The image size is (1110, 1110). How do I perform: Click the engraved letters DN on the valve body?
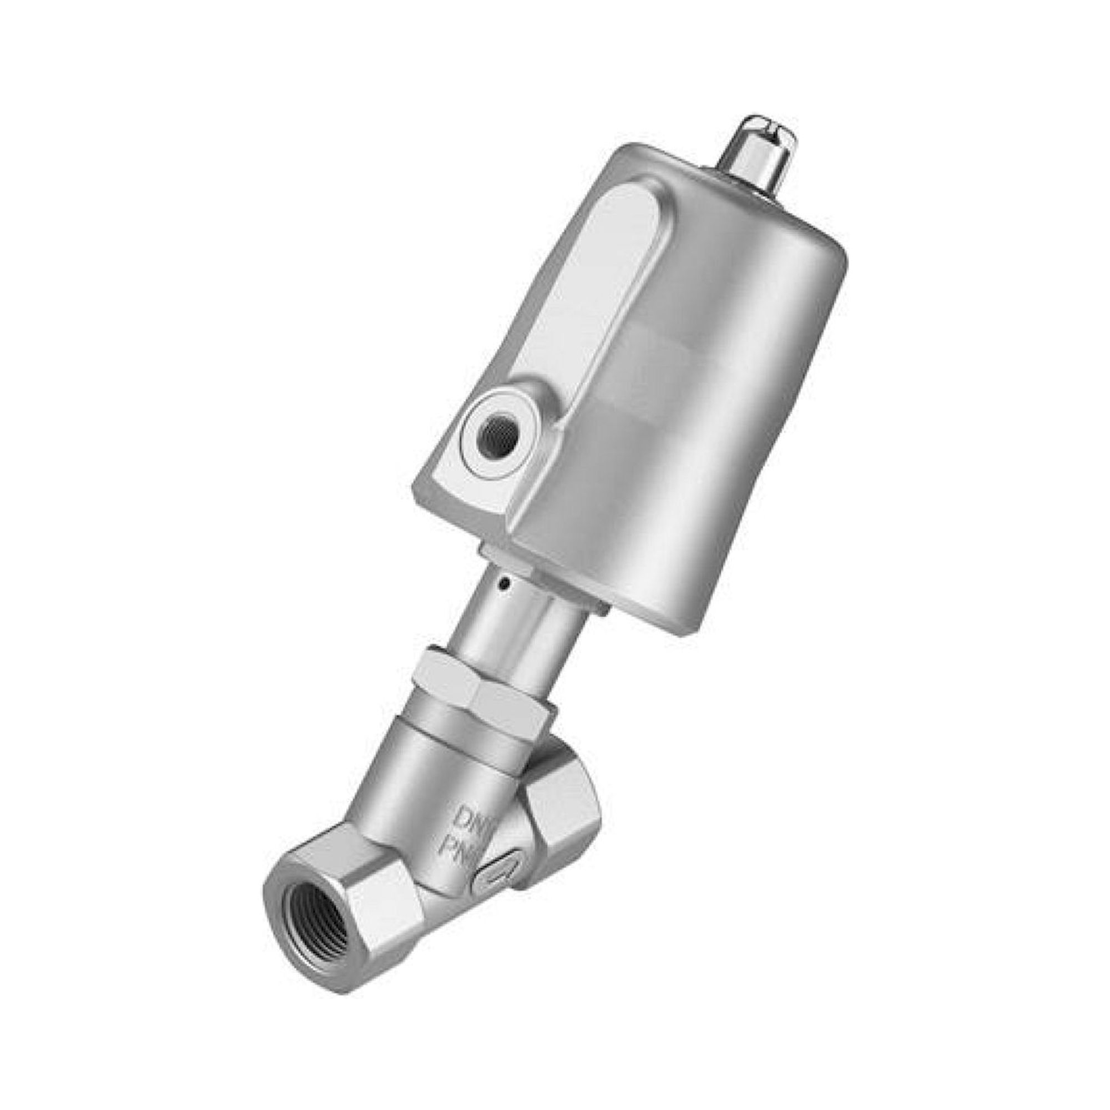pyautogui.click(x=467, y=816)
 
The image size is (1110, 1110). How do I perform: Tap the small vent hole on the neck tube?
pyautogui.click(x=504, y=587)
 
